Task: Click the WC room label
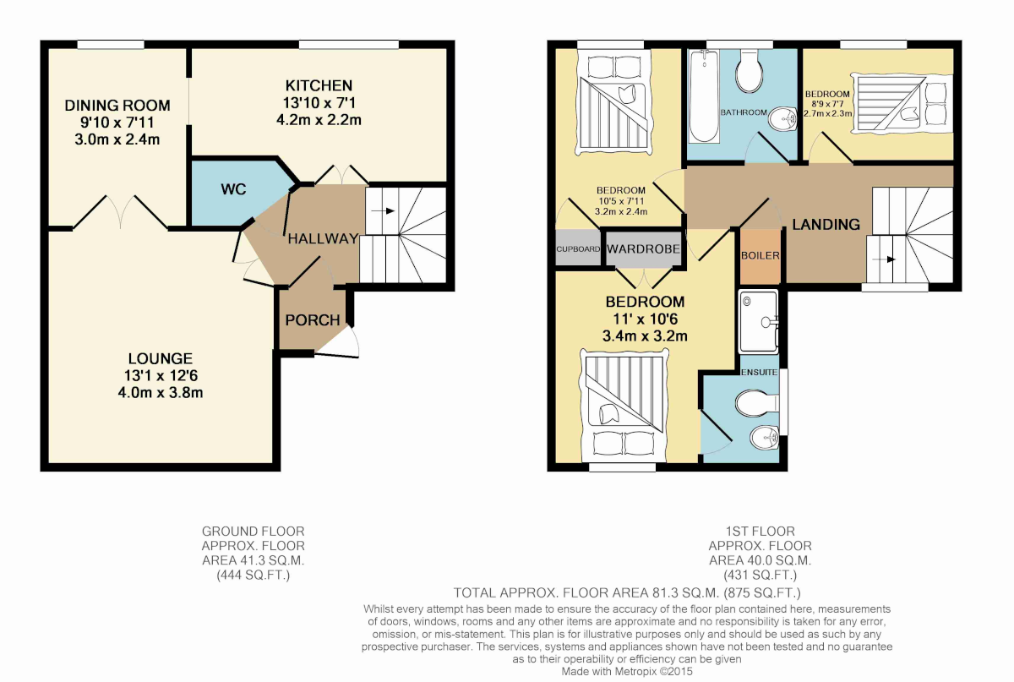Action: (233, 189)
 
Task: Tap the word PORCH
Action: (313, 320)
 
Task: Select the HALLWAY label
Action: (323, 238)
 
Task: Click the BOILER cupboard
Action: (760, 256)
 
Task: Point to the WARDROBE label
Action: (643, 248)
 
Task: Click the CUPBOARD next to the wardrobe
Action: (578, 248)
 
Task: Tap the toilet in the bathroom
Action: (750, 70)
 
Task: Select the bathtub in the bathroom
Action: (704, 96)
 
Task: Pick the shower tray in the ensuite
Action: (758, 322)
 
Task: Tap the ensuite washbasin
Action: (765, 439)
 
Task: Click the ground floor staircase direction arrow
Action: (383, 211)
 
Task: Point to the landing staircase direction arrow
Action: (884, 259)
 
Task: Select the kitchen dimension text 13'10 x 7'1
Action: (319, 103)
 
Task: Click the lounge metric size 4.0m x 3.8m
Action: (161, 392)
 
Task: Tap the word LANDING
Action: (826, 225)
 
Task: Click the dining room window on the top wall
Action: (111, 45)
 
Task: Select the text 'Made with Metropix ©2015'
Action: (627, 672)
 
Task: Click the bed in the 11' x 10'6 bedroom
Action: (624, 405)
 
